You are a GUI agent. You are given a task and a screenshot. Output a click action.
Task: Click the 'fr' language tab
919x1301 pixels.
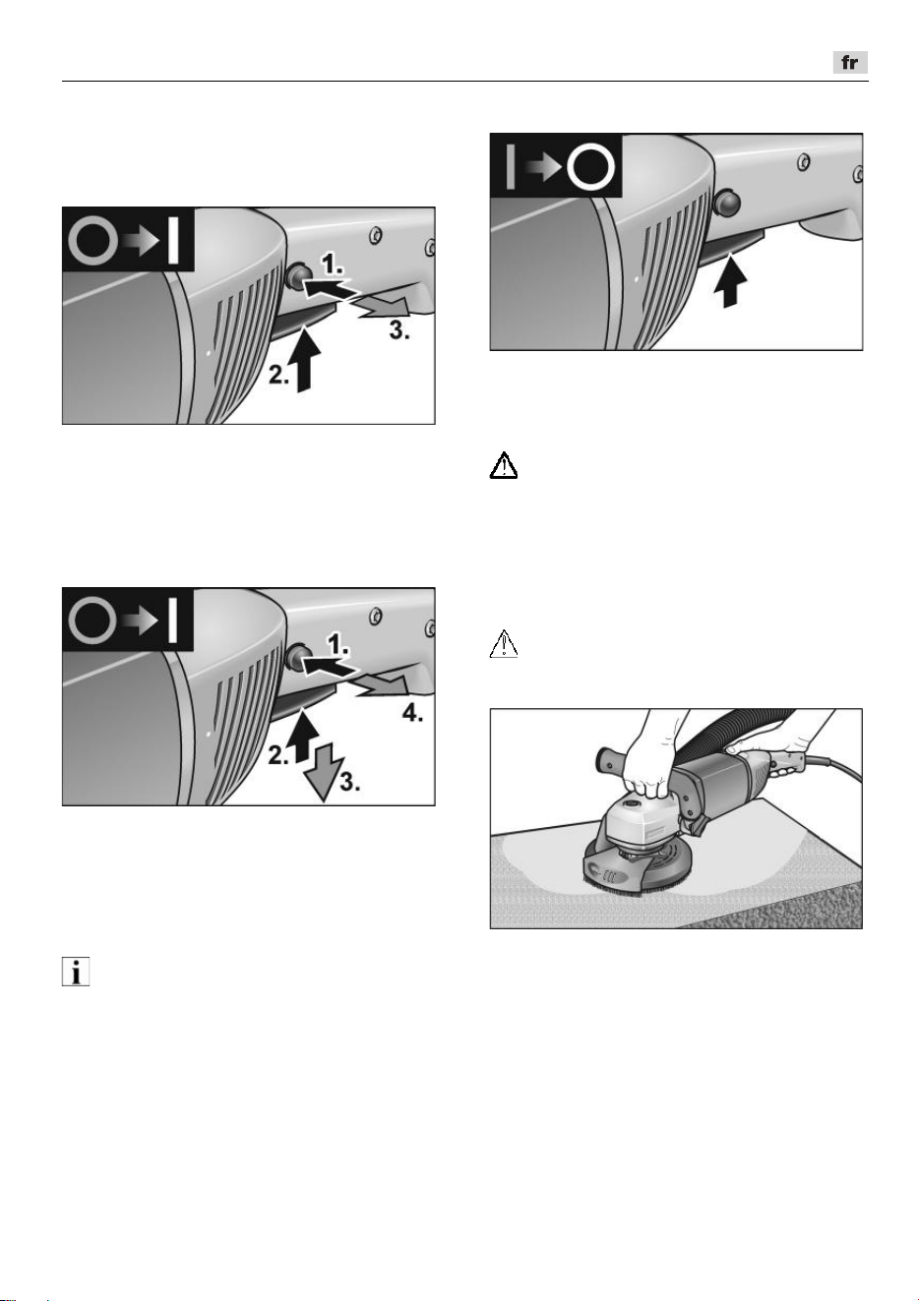tap(849, 62)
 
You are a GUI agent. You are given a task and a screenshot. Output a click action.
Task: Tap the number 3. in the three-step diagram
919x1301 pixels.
tap(399, 330)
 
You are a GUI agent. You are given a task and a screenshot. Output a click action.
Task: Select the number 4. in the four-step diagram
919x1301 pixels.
tap(412, 713)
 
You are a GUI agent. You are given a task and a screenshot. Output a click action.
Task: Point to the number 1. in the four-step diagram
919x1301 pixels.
tap(338, 644)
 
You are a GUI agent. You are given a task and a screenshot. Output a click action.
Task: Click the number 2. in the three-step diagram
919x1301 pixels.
tap(278, 375)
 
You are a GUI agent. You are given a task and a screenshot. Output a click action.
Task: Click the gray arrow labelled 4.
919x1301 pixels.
tap(384, 689)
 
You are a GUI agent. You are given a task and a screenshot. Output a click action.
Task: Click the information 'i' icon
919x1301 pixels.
tap(76, 972)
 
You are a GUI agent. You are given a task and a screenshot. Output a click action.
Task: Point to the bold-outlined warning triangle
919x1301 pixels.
tap(504, 465)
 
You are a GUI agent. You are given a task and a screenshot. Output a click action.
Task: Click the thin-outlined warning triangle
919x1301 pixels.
tap(504, 643)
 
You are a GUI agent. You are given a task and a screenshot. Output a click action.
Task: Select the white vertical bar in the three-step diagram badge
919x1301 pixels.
tap(172, 240)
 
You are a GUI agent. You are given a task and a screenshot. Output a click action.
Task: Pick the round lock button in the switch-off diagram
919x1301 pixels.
tap(727, 203)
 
